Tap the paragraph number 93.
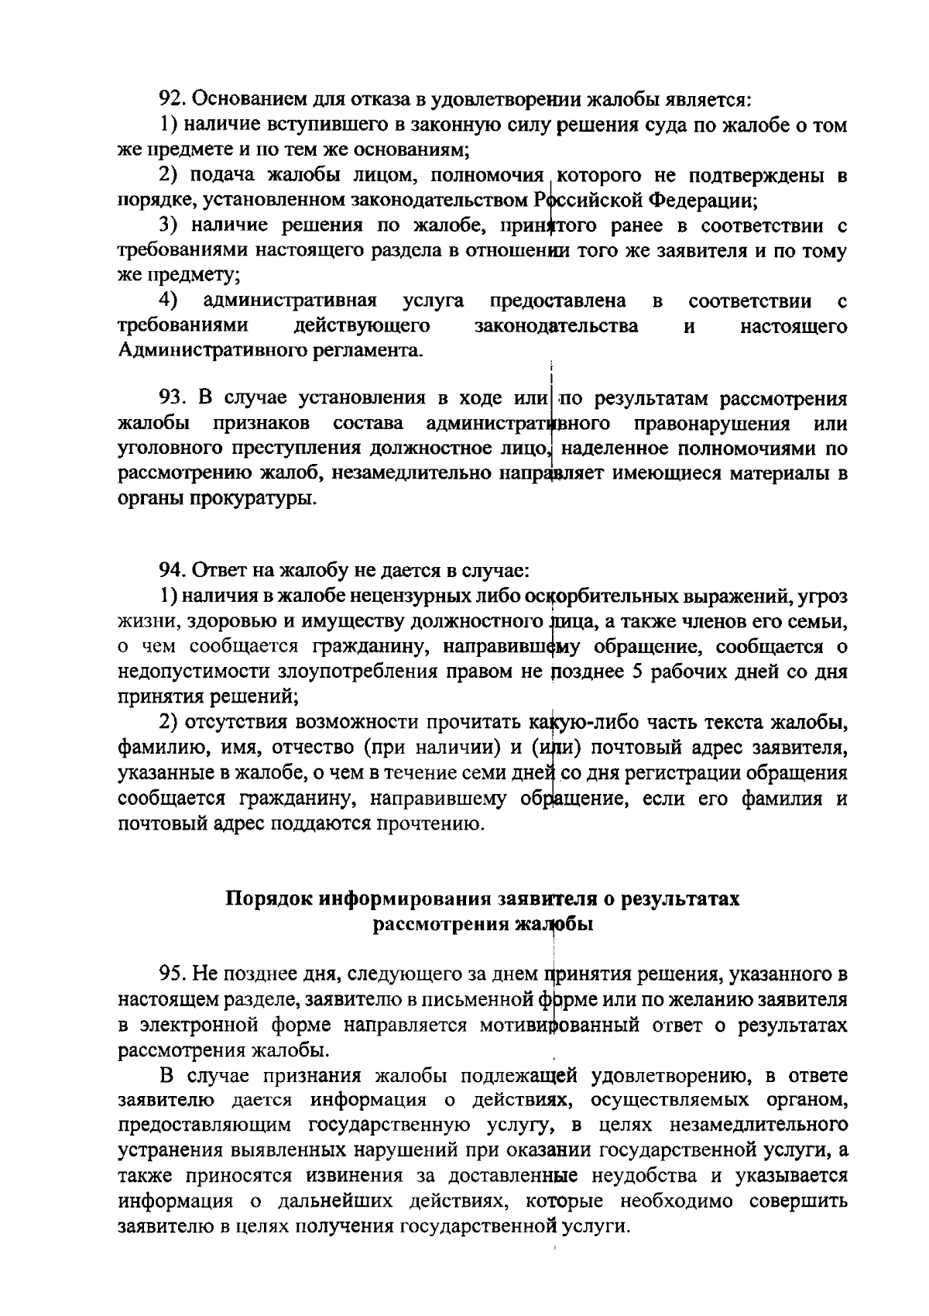173,398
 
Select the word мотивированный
560,1025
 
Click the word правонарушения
711,424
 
